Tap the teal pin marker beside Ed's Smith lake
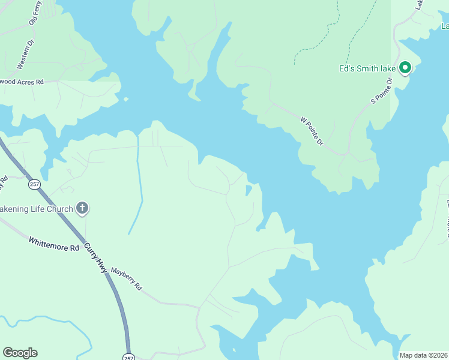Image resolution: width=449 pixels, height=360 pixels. tap(405, 68)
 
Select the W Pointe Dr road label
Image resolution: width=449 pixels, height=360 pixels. tap(312, 131)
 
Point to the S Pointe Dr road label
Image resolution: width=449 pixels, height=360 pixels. tap(381, 90)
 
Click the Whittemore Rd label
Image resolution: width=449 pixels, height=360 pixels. tap(54, 244)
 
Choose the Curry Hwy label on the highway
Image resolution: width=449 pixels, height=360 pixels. tap(95, 258)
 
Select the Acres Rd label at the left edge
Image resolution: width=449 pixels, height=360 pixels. tap(23, 82)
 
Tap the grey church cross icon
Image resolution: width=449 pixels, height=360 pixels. tap(82, 209)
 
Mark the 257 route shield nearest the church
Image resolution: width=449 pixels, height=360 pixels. tap(34, 185)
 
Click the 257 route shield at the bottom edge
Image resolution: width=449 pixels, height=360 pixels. tap(128, 357)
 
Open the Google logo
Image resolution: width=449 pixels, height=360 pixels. tap(20, 353)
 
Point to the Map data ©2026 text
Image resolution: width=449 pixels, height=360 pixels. tap(423, 355)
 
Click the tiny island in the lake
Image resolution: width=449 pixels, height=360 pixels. tap(125, 99)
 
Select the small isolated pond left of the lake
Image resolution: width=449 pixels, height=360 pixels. tap(249, 190)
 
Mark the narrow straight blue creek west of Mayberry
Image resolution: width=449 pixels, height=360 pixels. tap(139, 192)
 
